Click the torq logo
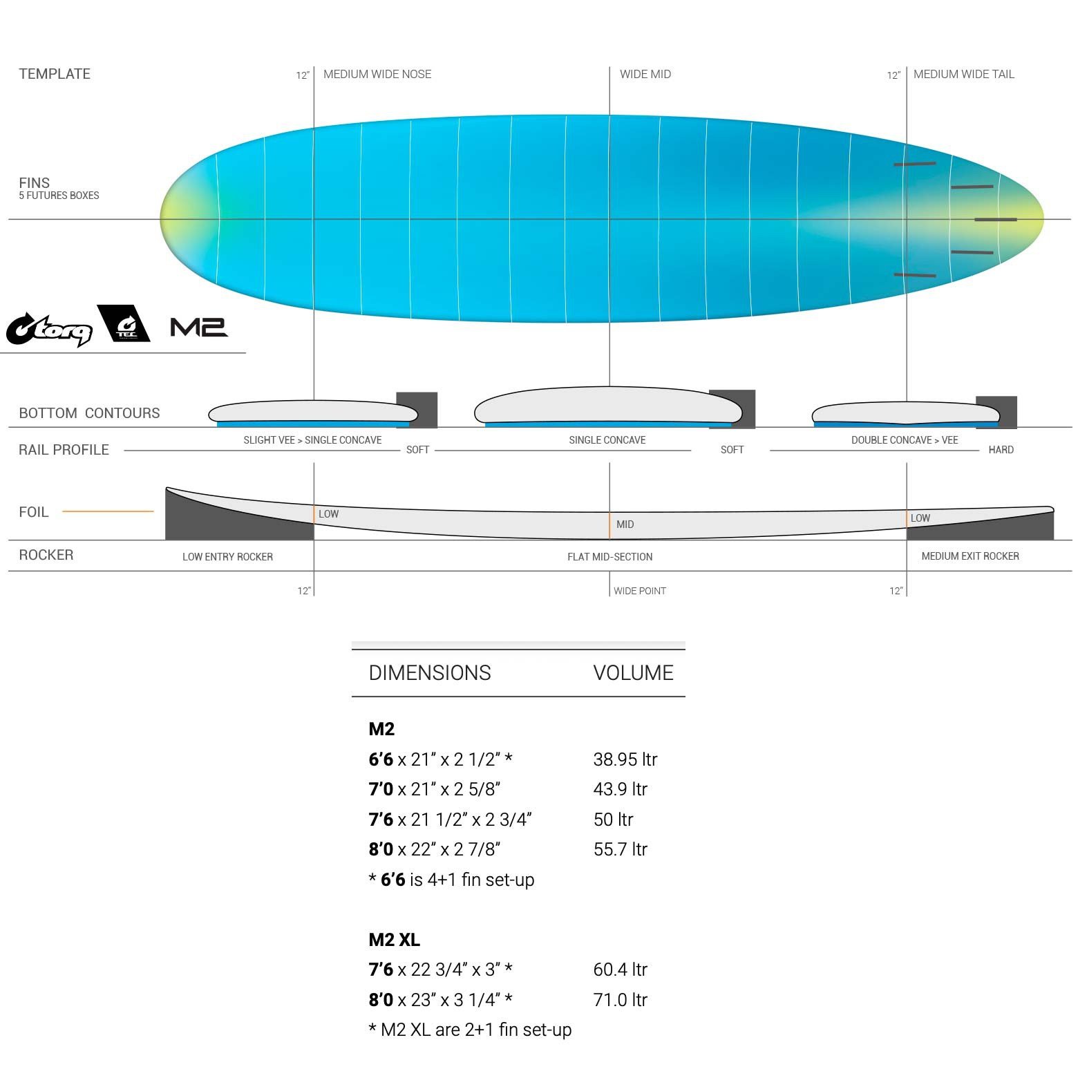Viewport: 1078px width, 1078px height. tap(50, 329)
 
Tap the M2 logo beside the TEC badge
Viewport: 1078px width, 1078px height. tap(199, 327)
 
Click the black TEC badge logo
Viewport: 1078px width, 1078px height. tap(124, 323)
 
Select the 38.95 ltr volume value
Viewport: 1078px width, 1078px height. tap(625, 759)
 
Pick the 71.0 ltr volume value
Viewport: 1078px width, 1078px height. tap(621, 999)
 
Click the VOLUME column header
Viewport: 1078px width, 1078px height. tap(633, 672)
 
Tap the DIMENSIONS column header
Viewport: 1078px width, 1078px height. tap(430, 672)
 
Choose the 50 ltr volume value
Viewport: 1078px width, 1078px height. tap(614, 820)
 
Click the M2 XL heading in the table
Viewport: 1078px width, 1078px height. tap(394, 940)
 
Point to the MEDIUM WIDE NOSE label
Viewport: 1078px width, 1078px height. tap(377, 74)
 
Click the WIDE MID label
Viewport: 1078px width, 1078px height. tap(645, 74)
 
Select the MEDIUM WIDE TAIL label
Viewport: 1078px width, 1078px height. tap(964, 74)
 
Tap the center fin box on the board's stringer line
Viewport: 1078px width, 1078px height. tap(996, 220)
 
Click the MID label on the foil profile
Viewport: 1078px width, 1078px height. tap(625, 524)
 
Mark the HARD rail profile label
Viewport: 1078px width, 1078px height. tap(1001, 450)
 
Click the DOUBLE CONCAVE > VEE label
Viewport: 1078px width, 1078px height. tap(905, 440)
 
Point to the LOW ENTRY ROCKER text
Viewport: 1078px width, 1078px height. tap(227, 557)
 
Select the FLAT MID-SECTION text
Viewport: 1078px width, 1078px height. tap(610, 557)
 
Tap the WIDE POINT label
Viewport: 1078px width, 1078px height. tap(640, 591)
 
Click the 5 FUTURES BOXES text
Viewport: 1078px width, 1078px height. tap(59, 196)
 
